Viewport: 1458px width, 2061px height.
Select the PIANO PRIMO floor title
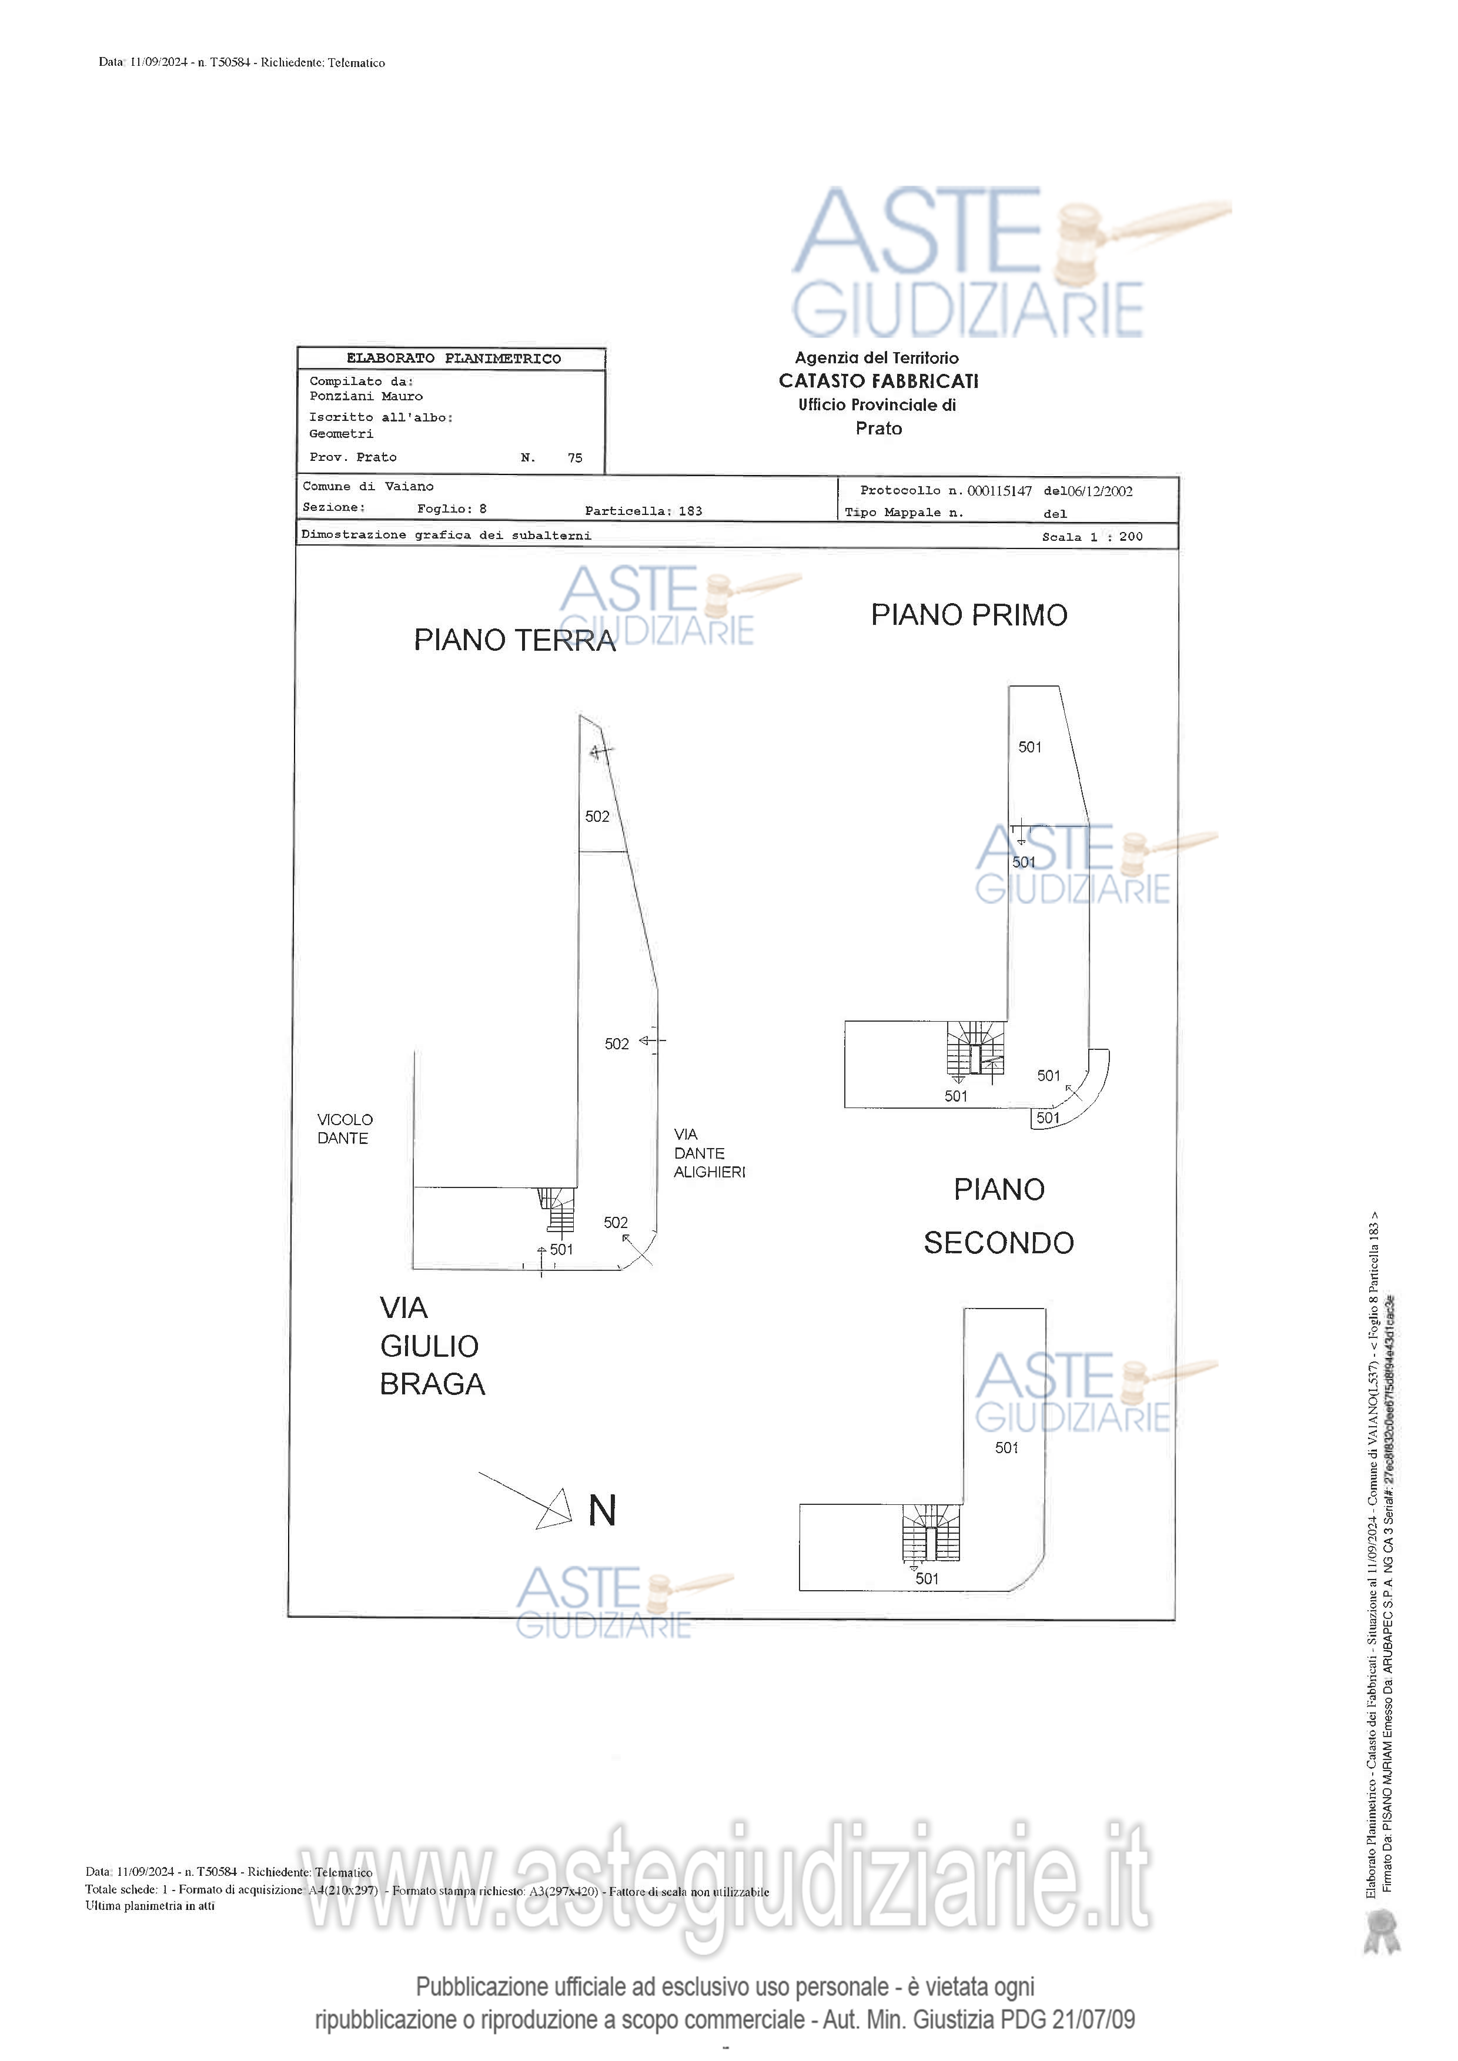pos(969,615)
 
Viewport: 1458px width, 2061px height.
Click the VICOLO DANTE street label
pos(344,1128)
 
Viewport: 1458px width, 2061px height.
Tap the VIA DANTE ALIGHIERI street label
pos(708,1153)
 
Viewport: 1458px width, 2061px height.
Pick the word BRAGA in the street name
pos(432,1384)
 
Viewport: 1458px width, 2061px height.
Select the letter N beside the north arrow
pos(601,1511)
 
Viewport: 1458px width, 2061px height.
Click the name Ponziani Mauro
pos(366,396)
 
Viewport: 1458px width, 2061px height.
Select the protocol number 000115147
pos(999,491)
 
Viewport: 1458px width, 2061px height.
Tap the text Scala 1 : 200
pos(1092,537)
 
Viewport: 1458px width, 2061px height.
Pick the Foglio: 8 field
pos(452,509)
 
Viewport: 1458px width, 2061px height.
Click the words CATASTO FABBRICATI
pos(878,380)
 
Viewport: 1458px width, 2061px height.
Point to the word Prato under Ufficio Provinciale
pos(878,428)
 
